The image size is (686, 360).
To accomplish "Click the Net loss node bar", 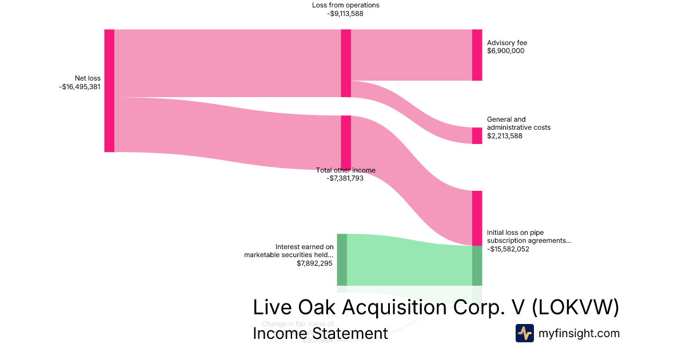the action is coord(109,91).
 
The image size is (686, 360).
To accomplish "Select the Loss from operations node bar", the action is coord(346,63).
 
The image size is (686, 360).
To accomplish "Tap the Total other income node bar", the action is coord(346,142).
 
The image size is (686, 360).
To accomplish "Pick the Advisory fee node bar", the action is coord(477,55).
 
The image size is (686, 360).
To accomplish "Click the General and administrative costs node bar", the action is coord(477,135).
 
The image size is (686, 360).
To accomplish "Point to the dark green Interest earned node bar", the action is coord(342,259).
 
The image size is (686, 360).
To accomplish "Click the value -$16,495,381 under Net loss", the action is coord(79,87).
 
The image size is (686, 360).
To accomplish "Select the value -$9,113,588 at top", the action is coord(345,14).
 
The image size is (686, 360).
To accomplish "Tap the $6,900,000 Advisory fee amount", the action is coord(505,51).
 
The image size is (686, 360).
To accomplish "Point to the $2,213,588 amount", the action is coord(505,136).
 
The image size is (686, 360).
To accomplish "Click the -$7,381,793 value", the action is coord(345,178).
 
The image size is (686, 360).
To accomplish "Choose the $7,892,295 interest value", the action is coord(314,263).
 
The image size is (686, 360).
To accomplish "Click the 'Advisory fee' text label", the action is coord(506,43).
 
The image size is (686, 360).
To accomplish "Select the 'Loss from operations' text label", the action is coord(345,5).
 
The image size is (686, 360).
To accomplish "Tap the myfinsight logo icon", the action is coord(524,333).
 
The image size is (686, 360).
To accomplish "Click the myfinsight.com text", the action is coord(579,333).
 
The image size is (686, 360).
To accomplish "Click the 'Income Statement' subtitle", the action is coord(320,333).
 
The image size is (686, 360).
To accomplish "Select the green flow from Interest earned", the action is coord(409,262).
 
